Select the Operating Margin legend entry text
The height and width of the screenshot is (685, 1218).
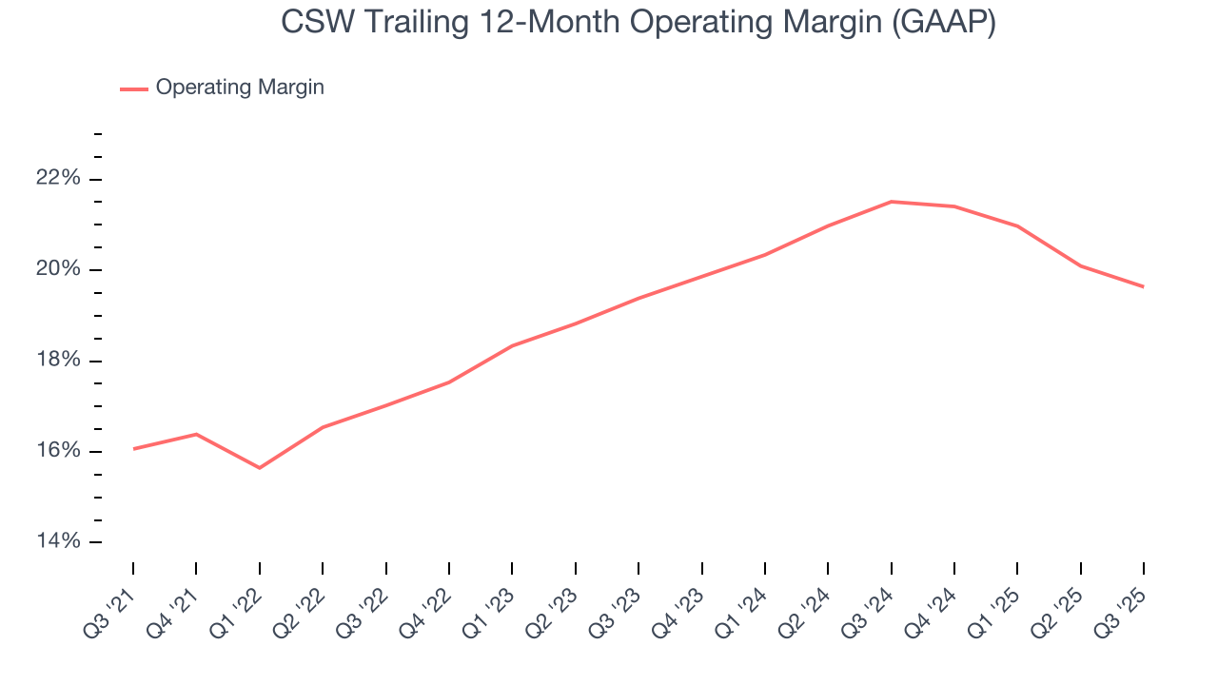[x=240, y=88]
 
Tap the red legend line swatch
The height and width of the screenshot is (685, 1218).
[x=134, y=88]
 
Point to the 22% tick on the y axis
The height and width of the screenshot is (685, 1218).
[x=57, y=179]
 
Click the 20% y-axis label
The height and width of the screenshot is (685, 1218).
[x=57, y=270]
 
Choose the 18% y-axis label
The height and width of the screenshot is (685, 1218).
[x=57, y=361]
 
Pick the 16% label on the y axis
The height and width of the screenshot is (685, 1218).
[x=57, y=451]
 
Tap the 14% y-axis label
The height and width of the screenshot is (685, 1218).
[x=57, y=541]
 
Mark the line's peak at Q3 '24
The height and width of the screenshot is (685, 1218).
[x=891, y=202]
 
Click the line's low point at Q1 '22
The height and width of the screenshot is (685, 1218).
[x=259, y=468]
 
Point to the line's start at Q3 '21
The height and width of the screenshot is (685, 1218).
[x=133, y=449]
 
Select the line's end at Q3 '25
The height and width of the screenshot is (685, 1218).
[x=1143, y=286]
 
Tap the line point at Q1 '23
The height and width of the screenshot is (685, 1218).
[x=512, y=345]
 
